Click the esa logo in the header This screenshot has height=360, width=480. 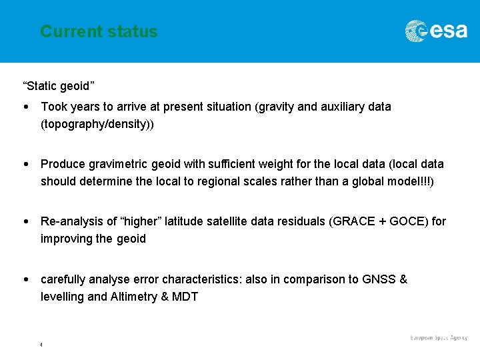[x=436, y=31]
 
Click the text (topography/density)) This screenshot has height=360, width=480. [x=97, y=124]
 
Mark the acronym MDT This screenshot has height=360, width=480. [x=185, y=297]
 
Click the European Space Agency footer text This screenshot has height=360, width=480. [x=438, y=338]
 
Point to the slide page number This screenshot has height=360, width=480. [x=41, y=345]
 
